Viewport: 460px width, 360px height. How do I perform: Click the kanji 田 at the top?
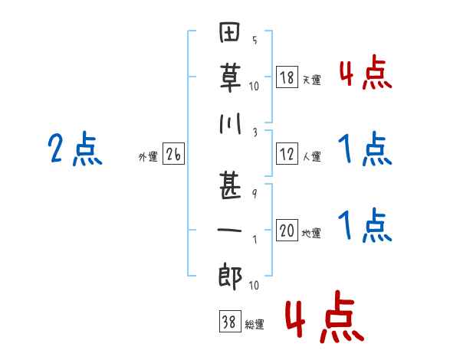pyautogui.click(x=230, y=32)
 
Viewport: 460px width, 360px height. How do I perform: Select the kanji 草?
pyautogui.click(x=231, y=78)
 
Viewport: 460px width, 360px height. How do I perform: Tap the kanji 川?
pyautogui.click(x=231, y=123)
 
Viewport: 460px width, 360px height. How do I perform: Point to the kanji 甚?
pyautogui.click(x=230, y=186)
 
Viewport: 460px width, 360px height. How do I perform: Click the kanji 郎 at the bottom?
pyautogui.click(x=230, y=276)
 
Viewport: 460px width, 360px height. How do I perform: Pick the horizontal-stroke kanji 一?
pyautogui.click(x=229, y=230)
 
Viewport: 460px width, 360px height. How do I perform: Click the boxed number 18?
pyautogui.click(x=287, y=77)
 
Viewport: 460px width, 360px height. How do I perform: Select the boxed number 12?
pyautogui.click(x=287, y=154)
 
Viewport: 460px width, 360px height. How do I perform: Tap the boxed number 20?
pyautogui.click(x=287, y=230)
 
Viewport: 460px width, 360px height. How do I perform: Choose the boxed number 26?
pyautogui.click(x=173, y=154)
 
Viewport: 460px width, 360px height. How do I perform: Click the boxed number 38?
pyautogui.click(x=230, y=321)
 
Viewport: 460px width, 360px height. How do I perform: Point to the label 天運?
pyautogui.click(x=311, y=80)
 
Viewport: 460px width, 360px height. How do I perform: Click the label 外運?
pyautogui.click(x=148, y=156)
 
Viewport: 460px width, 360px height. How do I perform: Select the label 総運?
pyautogui.click(x=255, y=324)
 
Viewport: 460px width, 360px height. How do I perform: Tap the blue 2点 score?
pyautogui.click(x=75, y=149)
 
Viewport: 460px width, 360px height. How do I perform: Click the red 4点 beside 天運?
pyautogui.click(x=366, y=72)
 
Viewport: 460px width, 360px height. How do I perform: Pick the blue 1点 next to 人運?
pyautogui.click(x=365, y=149)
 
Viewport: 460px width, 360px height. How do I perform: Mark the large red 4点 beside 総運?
pyautogui.click(x=325, y=316)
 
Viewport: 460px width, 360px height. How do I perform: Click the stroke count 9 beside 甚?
pyautogui.click(x=255, y=194)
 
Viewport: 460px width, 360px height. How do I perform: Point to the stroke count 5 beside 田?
pyautogui.click(x=255, y=40)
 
